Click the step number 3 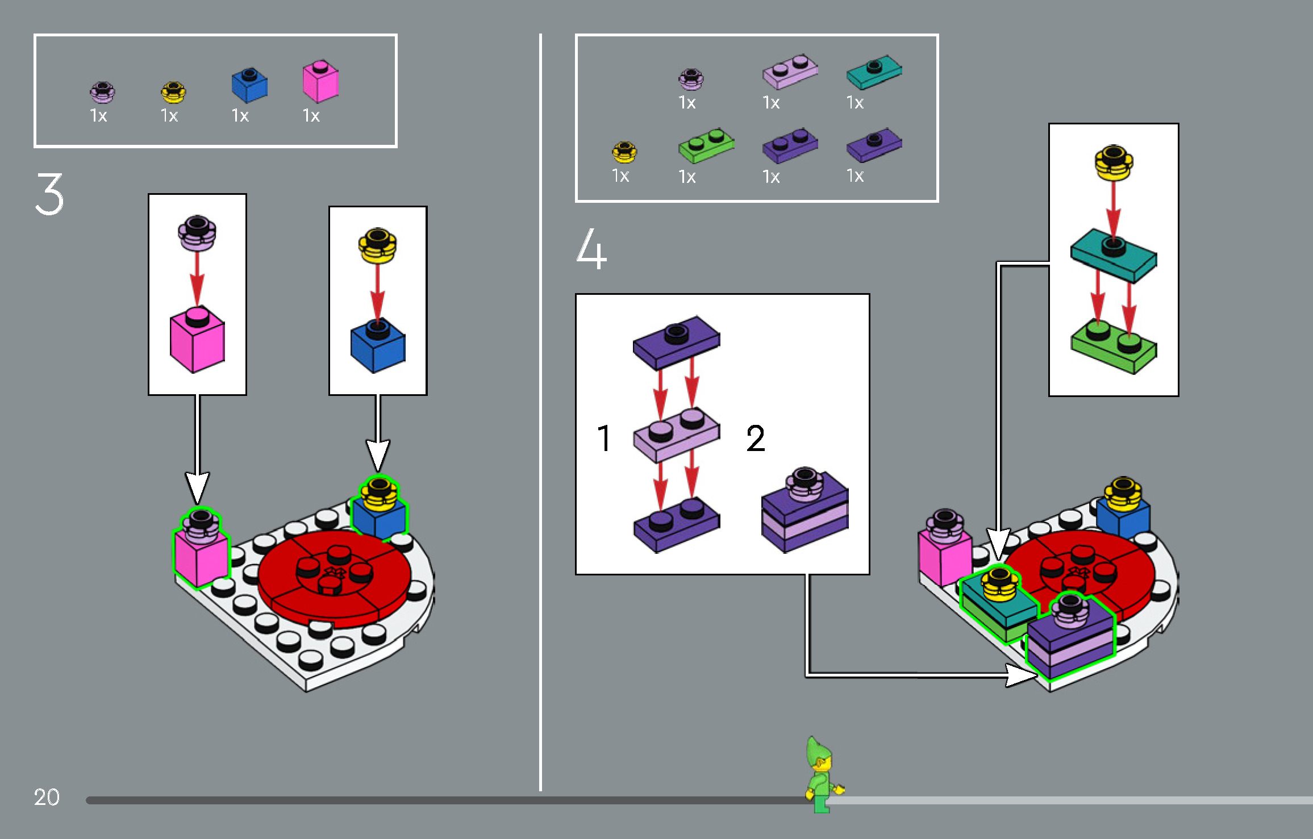(x=49, y=194)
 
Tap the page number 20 (x=47, y=797)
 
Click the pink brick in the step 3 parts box (x=320, y=81)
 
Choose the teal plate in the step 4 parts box (x=874, y=72)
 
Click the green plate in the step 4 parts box (x=706, y=145)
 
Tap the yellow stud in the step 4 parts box (x=624, y=152)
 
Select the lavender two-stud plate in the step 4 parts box (x=790, y=72)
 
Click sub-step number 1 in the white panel (x=604, y=438)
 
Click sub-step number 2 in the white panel (x=756, y=438)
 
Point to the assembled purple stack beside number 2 (x=805, y=510)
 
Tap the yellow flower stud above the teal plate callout (x=1114, y=162)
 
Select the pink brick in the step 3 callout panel (x=197, y=340)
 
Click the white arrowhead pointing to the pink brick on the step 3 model (x=197, y=487)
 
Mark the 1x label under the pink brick (x=311, y=116)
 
